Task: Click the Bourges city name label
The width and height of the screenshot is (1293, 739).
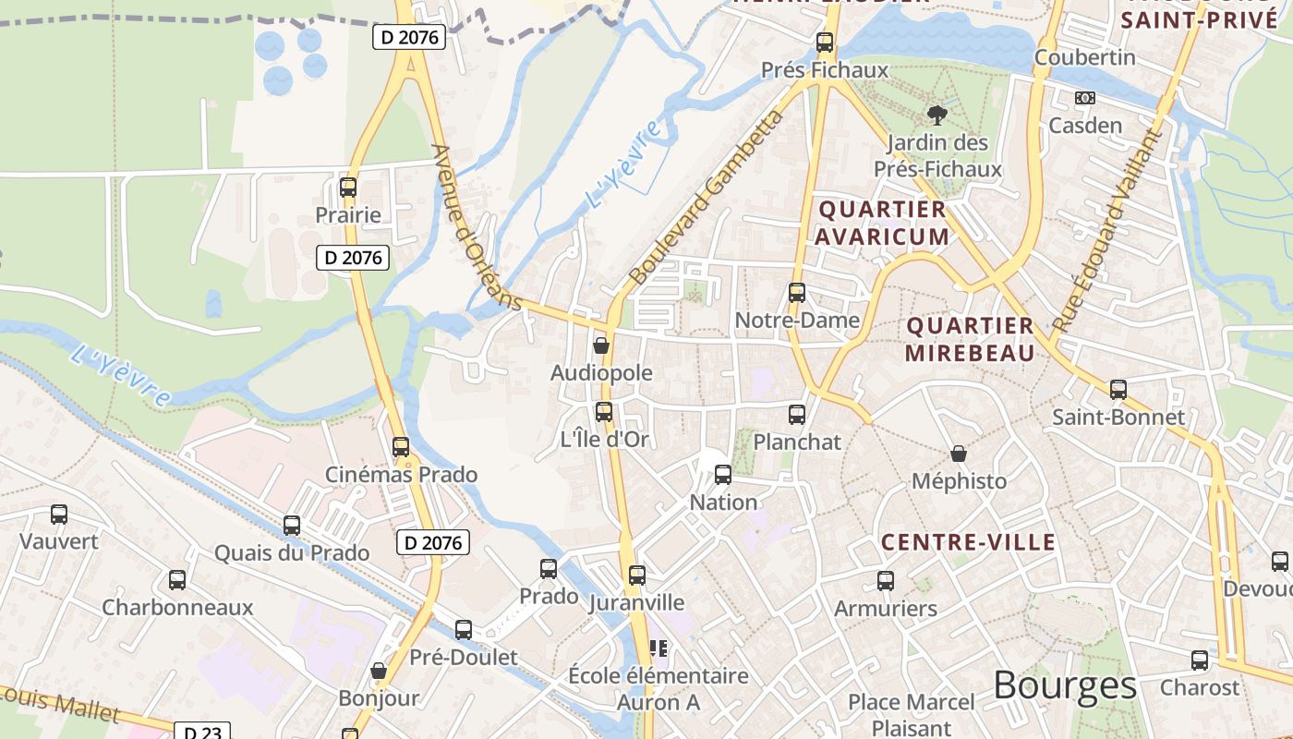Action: [x=1065, y=685]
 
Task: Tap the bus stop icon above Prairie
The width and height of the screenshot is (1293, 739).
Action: [x=348, y=188]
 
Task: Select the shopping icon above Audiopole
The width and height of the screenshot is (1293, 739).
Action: [x=601, y=345]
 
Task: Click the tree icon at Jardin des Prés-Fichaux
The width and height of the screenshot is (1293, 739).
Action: [x=937, y=115]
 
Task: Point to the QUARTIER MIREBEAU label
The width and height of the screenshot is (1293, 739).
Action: [x=970, y=339]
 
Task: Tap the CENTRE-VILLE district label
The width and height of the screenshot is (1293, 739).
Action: [x=968, y=542]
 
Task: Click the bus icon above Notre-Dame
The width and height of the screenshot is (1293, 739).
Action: [x=797, y=293]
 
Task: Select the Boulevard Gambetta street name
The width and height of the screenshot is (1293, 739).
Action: [x=707, y=197]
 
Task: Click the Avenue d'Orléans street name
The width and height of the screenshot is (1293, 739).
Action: [x=477, y=227]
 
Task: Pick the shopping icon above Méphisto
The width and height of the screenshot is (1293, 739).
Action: [x=959, y=454]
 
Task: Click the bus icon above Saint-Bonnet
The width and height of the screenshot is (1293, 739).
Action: [x=1118, y=390]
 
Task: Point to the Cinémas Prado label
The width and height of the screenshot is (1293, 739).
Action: [x=401, y=475]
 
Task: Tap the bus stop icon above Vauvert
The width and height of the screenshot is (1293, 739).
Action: [x=59, y=515]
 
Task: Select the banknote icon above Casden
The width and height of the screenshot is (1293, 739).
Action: [x=1085, y=98]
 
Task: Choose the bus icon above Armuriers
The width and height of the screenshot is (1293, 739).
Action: [x=886, y=581]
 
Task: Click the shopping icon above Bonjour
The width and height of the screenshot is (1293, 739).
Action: [x=378, y=671]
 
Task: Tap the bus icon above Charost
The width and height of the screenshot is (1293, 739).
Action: [x=1200, y=660]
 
